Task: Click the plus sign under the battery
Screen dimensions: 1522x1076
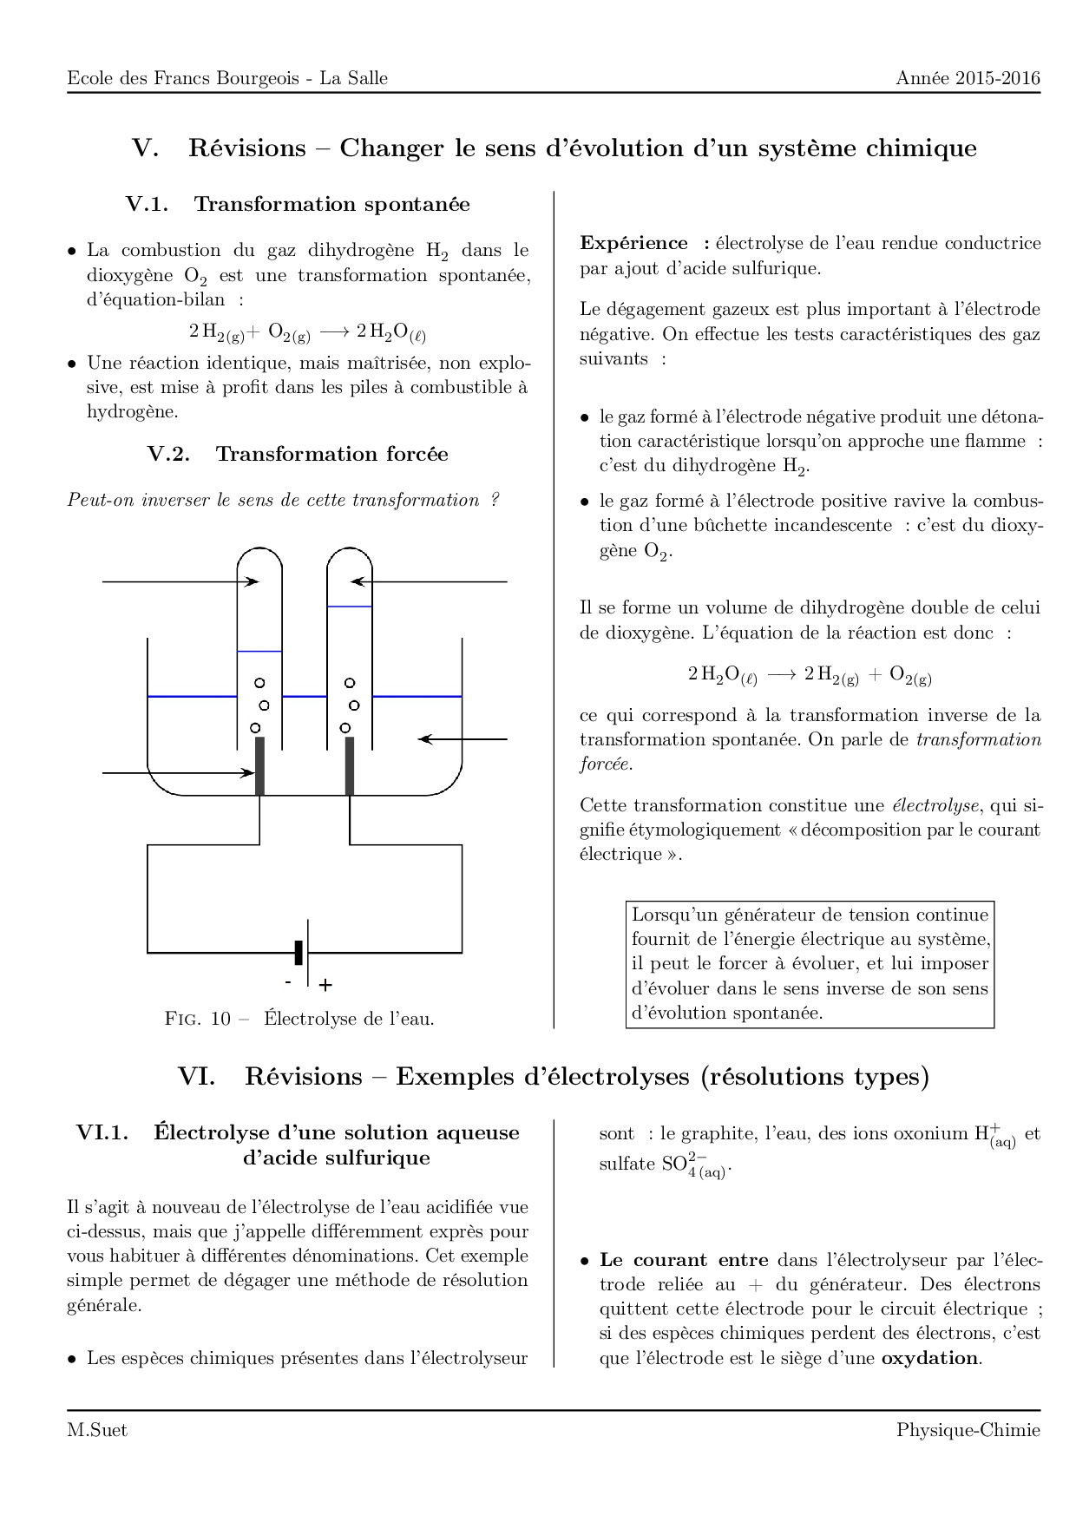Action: pyautogui.click(x=325, y=986)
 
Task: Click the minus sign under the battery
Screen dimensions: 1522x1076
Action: pyautogui.click(x=288, y=982)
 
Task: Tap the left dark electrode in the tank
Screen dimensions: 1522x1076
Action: pyautogui.click(x=259, y=766)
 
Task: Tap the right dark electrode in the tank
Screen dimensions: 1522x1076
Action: pyautogui.click(x=350, y=766)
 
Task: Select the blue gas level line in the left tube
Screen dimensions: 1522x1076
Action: pyautogui.click(x=259, y=651)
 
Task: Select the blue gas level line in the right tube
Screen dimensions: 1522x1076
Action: pyautogui.click(x=350, y=607)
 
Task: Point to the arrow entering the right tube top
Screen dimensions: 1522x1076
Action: pyautogui.click(x=429, y=581)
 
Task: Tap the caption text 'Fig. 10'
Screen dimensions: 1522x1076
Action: pyautogui.click(x=198, y=1019)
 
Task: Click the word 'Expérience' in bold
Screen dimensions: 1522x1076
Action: pyautogui.click(x=633, y=243)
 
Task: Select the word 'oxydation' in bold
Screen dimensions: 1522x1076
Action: pyautogui.click(x=929, y=1358)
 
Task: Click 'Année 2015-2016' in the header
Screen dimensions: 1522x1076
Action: pyautogui.click(x=968, y=78)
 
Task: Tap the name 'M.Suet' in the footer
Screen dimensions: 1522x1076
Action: pyautogui.click(x=97, y=1431)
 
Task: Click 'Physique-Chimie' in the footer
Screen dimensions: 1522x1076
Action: pyautogui.click(x=968, y=1431)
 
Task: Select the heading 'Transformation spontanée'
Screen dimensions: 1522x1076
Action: pyautogui.click(x=331, y=204)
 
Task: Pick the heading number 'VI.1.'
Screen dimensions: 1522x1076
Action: pyautogui.click(x=102, y=1132)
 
